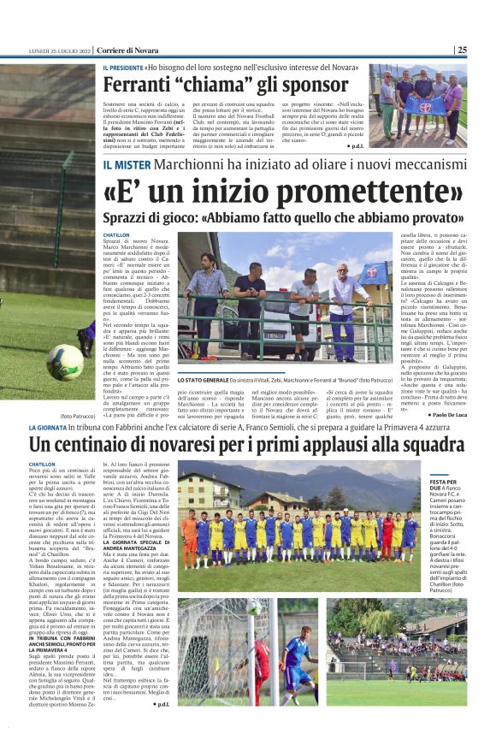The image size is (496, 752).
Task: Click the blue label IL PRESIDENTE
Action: point(122,68)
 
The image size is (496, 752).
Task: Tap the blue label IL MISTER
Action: point(129,163)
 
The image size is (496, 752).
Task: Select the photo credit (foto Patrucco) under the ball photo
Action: point(77,392)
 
